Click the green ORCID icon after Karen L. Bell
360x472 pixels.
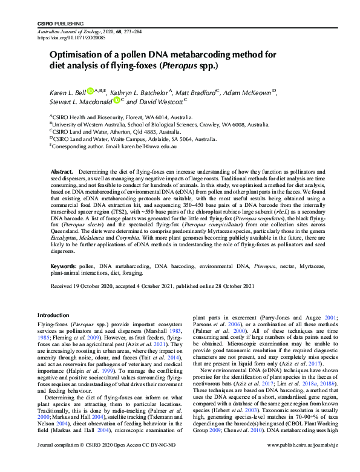[90, 91]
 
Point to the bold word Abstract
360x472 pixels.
[62, 172]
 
